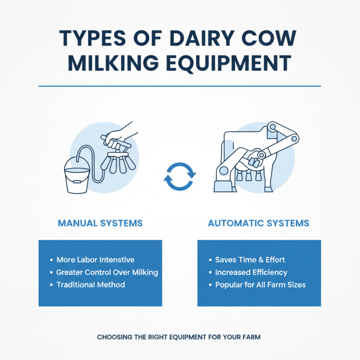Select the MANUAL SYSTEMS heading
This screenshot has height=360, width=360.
[x=100, y=223]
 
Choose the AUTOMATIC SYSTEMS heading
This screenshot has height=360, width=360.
[x=259, y=223]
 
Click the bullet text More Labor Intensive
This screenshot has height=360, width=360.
[x=95, y=260]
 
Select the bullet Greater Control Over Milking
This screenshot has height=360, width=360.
[x=107, y=272]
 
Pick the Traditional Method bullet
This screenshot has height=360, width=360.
[x=90, y=284]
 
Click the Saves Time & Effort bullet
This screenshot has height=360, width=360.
[x=250, y=260]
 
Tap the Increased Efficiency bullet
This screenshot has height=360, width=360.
[x=251, y=272]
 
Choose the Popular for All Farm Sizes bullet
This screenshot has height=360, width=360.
[x=261, y=284]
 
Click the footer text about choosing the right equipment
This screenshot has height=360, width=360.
[x=180, y=337]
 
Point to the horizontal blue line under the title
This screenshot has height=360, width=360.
[x=180, y=86]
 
